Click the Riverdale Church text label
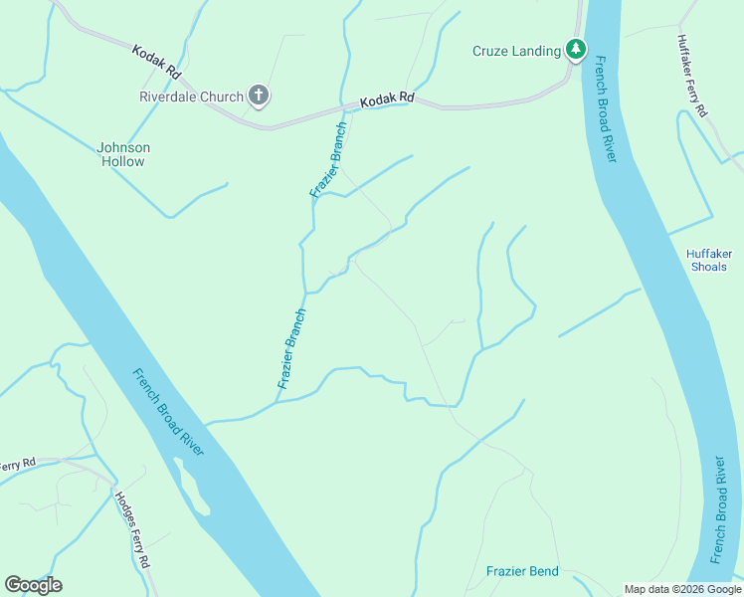[x=191, y=97]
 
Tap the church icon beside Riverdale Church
[x=259, y=97]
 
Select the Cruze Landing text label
[x=516, y=51]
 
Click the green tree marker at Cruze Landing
[x=575, y=48]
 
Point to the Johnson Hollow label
[x=123, y=154]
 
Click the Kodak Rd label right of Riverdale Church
[x=387, y=99]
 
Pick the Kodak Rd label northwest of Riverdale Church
[x=156, y=60]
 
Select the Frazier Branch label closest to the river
[x=292, y=348]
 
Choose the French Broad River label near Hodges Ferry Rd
[x=168, y=412]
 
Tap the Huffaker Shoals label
[x=707, y=260]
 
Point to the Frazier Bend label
[x=522, y=571]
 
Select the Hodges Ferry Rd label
[x=132, y=528]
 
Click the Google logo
[x=33, y=585]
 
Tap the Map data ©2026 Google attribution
[x=682, y=589]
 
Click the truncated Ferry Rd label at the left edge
[x=17, y=465]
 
